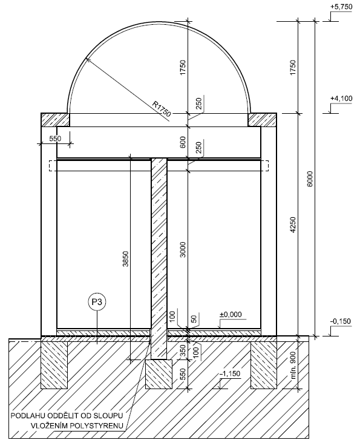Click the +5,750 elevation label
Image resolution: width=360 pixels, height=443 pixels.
coord(341,7)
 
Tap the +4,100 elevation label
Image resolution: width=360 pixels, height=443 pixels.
coord(341,99)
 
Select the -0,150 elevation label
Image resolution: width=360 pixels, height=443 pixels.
coord(340,321)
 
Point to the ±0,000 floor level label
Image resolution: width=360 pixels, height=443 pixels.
coord(231,315)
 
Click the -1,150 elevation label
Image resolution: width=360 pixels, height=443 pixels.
coord(230,374)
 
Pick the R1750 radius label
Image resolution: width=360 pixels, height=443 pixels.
coord(162,109)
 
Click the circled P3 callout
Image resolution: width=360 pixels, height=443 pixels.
coord(97,303)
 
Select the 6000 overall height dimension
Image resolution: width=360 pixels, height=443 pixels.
coord(310,179)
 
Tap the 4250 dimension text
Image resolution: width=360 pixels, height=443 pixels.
coord(293,225)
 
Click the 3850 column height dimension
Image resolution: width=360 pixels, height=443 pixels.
coord(126,259)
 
